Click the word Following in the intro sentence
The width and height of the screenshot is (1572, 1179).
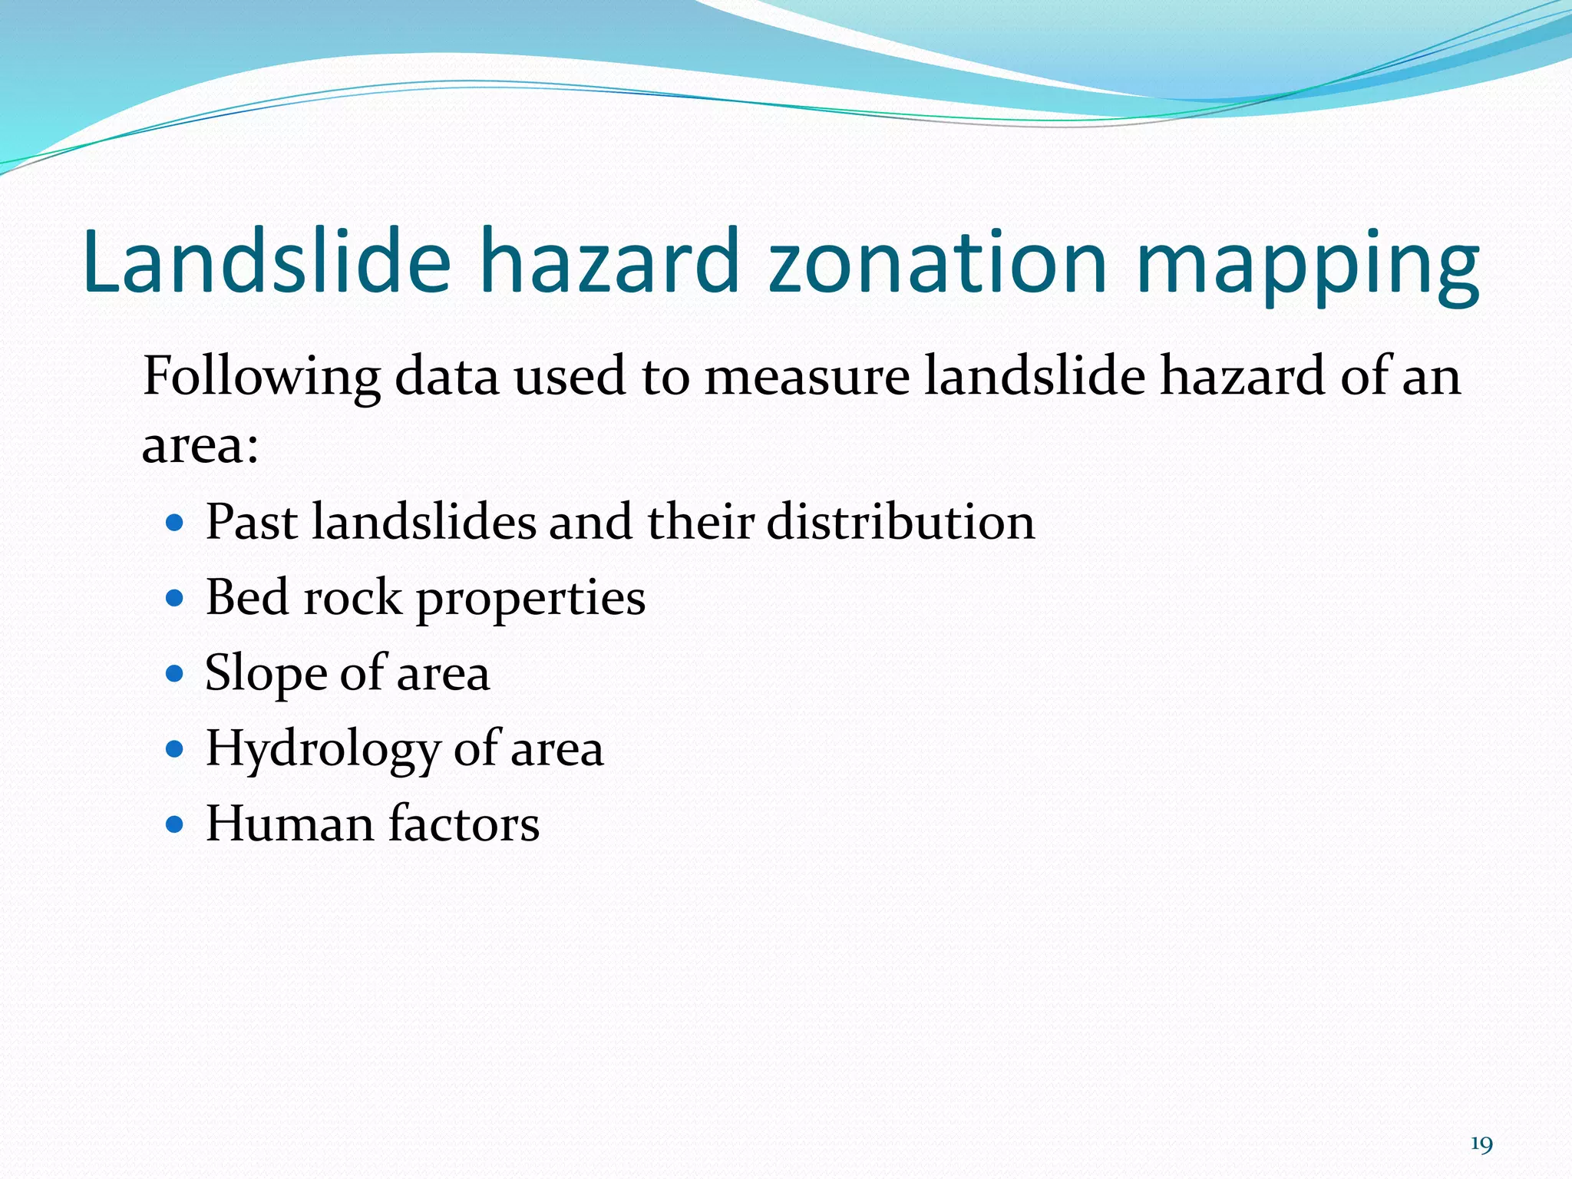tap(261, 378)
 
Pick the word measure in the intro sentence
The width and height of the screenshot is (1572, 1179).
tap(806, 378)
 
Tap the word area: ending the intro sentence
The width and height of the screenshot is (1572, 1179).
tap(200, 445)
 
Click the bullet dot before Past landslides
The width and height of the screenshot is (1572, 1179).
tap(175, 523)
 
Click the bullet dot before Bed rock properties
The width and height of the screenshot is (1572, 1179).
tap(175, 599)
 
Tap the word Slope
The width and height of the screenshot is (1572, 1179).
tap(266, 674)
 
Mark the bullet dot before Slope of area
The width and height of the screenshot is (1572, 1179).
tap(175, 674)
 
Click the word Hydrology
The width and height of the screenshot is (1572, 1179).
tap(322, 749)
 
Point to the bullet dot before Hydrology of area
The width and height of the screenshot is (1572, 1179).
tap(175, 749)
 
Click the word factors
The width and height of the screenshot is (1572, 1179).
tap(464, 824)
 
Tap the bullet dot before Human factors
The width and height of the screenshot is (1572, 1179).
tap(175, 824)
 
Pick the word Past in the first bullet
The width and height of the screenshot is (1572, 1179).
tap(252, 522)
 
